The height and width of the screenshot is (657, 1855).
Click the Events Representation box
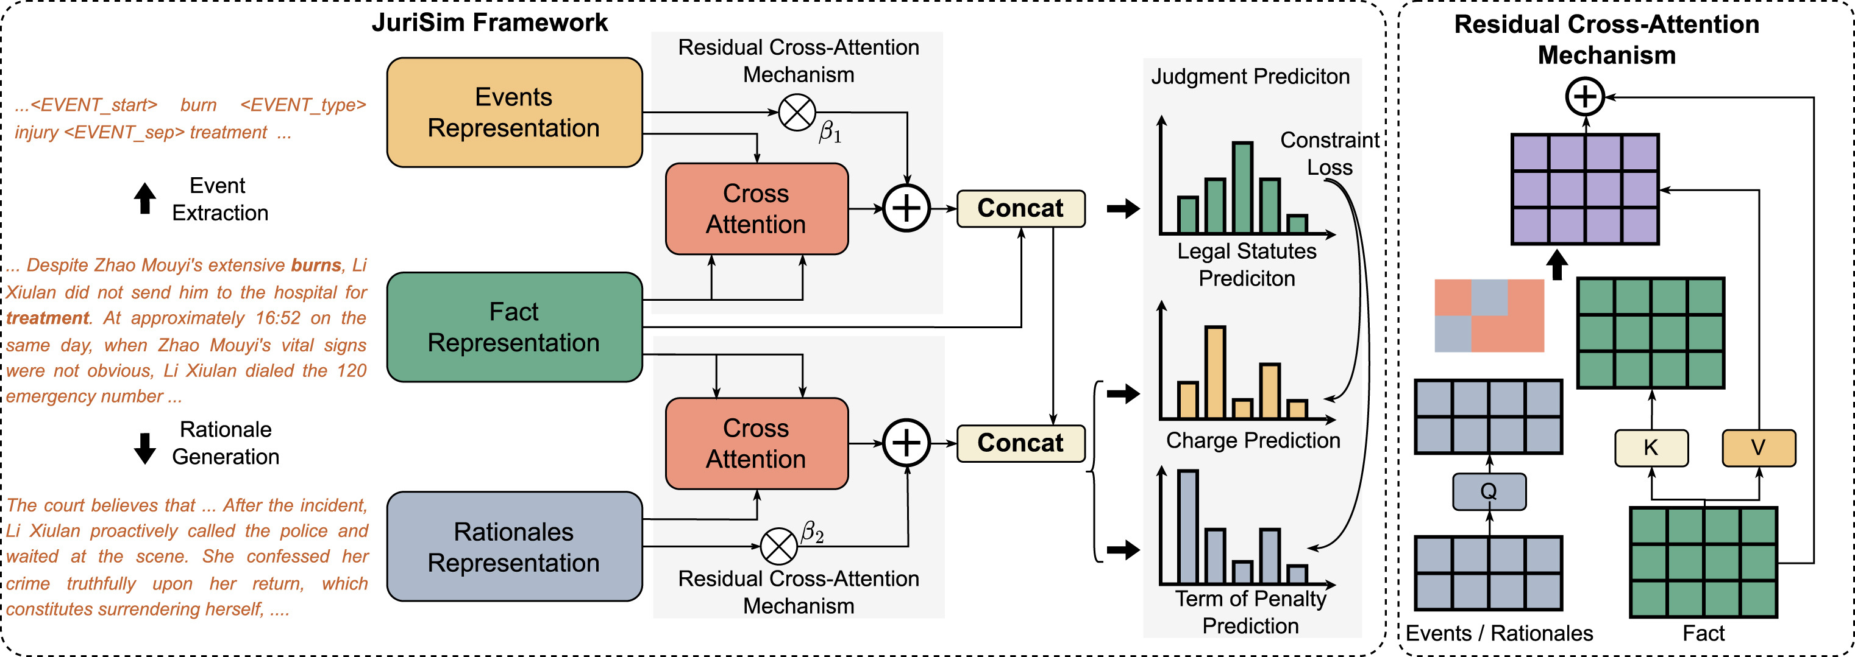point(514,112)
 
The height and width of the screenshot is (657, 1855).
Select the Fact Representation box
point(514,327)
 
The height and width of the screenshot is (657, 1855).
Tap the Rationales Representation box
point(514,547)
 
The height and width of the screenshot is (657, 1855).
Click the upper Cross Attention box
point(756,209)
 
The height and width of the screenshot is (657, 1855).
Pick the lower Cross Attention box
point(756,443)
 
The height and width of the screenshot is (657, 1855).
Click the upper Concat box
point(1020,209)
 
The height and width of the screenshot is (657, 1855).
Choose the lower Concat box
point(1020,443)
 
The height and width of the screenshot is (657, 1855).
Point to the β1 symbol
point(830,132)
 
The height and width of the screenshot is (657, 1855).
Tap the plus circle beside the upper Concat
point(906,209)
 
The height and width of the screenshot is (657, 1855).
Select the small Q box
point(1489,491)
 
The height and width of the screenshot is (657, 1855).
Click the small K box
point(1651,448)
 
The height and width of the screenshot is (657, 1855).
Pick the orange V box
point(1759,448)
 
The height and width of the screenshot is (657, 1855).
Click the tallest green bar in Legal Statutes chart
point(1242,187)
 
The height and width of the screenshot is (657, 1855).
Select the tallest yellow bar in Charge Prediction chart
point(1215,372)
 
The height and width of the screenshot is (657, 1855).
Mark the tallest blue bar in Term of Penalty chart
point(1187,527)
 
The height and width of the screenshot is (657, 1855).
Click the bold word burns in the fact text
point(315,265)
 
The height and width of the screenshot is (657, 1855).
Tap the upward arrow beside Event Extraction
point(144,198)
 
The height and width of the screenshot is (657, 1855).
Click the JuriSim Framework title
point(490,23)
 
